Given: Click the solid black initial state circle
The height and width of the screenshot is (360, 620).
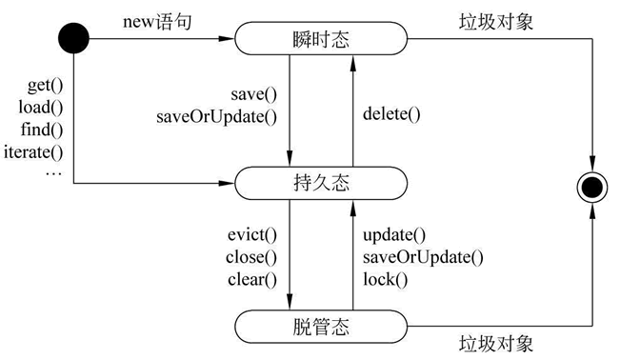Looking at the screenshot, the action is [x=73, y=38].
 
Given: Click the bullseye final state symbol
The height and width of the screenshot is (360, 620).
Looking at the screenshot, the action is [x=592, y=187].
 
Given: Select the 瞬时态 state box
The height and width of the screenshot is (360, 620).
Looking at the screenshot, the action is [x=321, y=38].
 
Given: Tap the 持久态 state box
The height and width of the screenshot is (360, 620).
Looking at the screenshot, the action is [x=321, y=183].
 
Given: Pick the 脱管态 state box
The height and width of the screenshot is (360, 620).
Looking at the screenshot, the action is [x=321, y=327].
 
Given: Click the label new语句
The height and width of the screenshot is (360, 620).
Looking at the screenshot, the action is [x=157, y=22].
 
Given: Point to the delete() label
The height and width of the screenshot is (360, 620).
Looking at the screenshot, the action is [x=391, y=114].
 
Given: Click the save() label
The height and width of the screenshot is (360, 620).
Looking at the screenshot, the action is [x=254, y=94].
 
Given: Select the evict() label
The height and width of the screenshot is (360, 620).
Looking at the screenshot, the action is [x=252, y=235].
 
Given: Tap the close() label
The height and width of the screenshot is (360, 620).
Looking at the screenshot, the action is [x=251, y=257].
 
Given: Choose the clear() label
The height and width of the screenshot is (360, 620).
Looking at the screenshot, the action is [x=252, y=280].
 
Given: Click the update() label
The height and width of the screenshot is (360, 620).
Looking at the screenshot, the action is [x=394, y=235].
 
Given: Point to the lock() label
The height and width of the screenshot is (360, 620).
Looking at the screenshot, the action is [x=385, y=280].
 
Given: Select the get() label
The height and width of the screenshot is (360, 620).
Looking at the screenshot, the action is [x=45, y=86].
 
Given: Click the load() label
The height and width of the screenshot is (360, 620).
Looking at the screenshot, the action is [x=41, y=108].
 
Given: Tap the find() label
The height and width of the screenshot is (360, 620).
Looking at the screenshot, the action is [x=42, y=130].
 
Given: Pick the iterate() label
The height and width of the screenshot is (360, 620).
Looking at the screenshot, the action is [x=33, y=152].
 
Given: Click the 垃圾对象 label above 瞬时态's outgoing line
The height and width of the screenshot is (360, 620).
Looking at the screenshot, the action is [x=496, y=22].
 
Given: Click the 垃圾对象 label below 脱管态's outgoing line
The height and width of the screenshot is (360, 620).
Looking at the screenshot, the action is [x=496, y=344].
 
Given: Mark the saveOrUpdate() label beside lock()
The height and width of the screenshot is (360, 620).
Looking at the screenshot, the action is [x=423, y=258].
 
